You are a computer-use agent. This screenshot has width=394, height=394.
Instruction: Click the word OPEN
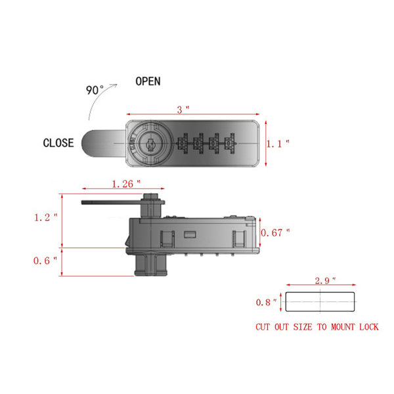[x=148, y=81]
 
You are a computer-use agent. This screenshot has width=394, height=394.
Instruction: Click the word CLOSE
[x=58, y=142]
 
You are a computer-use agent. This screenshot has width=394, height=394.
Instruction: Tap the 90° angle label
[x=96, y=90]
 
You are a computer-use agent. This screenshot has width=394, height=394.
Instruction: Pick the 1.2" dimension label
[x=46, y=216]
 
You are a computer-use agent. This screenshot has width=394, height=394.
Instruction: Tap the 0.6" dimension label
[x=46, y=261]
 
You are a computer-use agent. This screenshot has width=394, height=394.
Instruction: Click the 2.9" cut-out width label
[x=324, y=280]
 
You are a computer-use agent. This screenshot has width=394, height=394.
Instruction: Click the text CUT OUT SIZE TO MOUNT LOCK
[x=317, y=327]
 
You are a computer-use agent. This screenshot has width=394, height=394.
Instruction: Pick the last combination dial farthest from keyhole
[x=229, y=142]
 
